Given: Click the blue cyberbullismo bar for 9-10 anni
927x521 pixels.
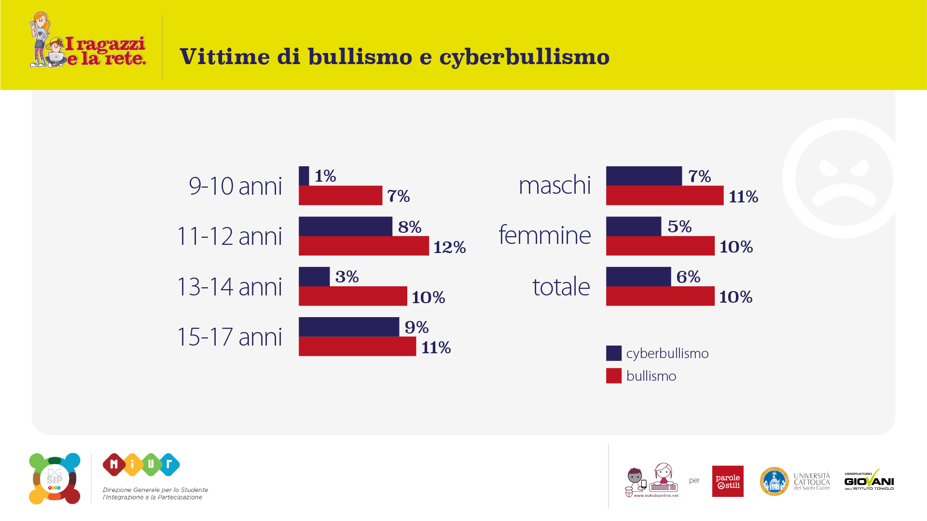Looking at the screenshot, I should tap(304, 176).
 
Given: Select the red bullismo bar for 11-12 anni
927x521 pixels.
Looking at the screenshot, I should tap(363, 246).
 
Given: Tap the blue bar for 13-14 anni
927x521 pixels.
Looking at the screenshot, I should tap(314, 277).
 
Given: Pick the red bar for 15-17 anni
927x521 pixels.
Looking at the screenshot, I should tap(357, 347).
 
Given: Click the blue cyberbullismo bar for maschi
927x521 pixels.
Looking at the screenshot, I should tap(644, 176).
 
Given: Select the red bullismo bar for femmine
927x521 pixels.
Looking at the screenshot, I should tap(660, 246).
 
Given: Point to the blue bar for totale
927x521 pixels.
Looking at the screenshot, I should tap(638, 277).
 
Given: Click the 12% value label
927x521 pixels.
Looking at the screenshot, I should tap(449, 247).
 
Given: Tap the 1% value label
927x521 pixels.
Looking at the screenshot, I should tap(325, 176).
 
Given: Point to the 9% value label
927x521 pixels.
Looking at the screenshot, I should tap(416, 327).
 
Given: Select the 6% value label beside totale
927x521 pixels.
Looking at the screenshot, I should tap(688, 277).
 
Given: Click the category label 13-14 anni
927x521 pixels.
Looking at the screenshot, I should tap(230, 287).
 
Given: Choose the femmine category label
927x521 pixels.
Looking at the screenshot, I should tap(544, 235).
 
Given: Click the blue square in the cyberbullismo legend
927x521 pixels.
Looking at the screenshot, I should tap(614, 353).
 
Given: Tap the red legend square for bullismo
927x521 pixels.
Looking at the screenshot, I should tap(614, 376).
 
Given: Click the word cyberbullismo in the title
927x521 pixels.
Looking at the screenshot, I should tap(524, 57).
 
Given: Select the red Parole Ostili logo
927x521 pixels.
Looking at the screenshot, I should tap(728, 481).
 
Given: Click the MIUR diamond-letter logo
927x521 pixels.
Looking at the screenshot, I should tap(141, 465).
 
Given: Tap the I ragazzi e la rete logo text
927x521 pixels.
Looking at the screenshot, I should tap(105, 51).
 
